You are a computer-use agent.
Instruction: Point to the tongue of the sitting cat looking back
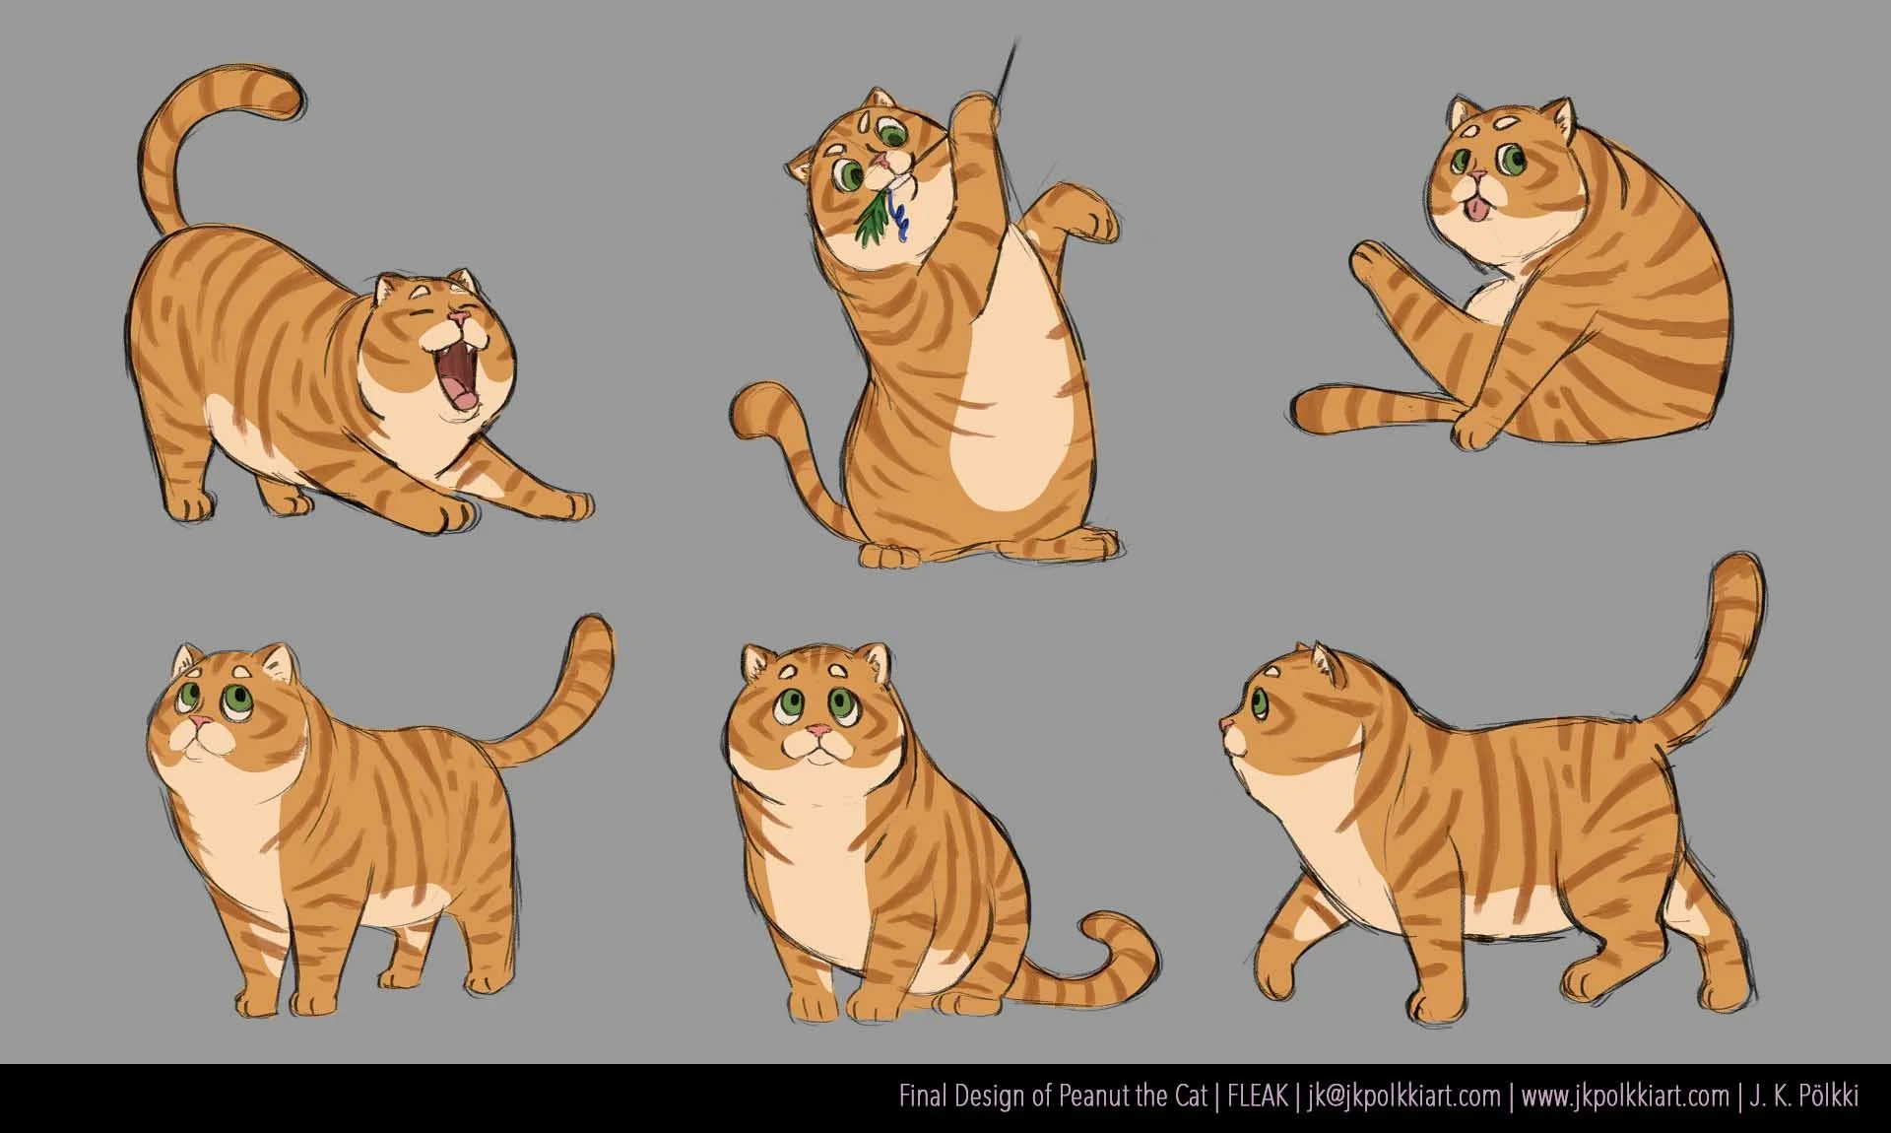[x=1471, y=208]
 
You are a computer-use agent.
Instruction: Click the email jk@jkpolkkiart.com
[x=1403, y=1097]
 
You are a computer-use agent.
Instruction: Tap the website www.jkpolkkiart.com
[x=1624, y=1097]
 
